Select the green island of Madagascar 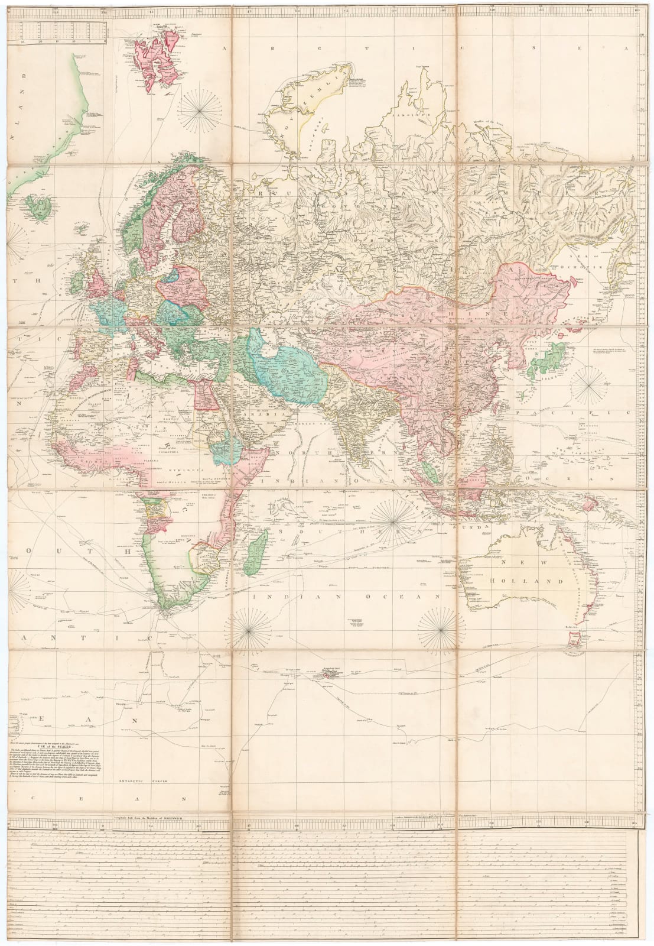point(256,550)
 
